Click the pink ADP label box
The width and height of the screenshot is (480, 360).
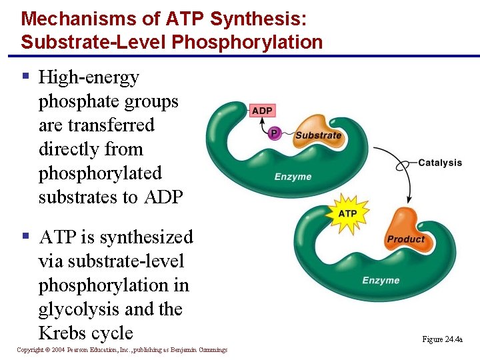[x=262, y=111]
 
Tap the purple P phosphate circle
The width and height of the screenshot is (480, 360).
[x=274, y=134]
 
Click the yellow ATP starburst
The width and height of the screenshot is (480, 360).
[x=348, y=213]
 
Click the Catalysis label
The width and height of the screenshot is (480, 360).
[x=440, y=162]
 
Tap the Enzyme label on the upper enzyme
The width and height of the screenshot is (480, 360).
[x=293, y=177]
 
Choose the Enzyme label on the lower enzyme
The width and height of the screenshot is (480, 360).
[x=381, y=281]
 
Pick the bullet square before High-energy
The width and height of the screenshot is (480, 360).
[x=26, y=76]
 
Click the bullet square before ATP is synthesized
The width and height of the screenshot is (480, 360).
[x=26, y=235]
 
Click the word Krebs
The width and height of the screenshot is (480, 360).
[x=64, y=333]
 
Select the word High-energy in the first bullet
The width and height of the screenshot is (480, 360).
[x=89, y=77]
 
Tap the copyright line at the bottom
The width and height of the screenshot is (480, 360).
[x=122, y=350]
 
